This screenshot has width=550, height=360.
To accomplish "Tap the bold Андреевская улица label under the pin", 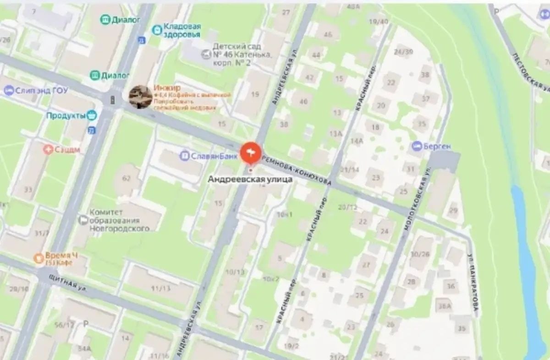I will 250,180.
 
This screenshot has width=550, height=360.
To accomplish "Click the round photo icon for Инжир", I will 140,97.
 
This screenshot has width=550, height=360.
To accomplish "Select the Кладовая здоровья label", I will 177,30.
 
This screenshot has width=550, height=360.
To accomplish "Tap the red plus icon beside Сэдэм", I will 48,149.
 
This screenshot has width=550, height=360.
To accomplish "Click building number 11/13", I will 160,288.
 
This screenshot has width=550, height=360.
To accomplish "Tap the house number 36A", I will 444,306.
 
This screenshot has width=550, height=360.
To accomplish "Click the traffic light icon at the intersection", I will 112,99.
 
